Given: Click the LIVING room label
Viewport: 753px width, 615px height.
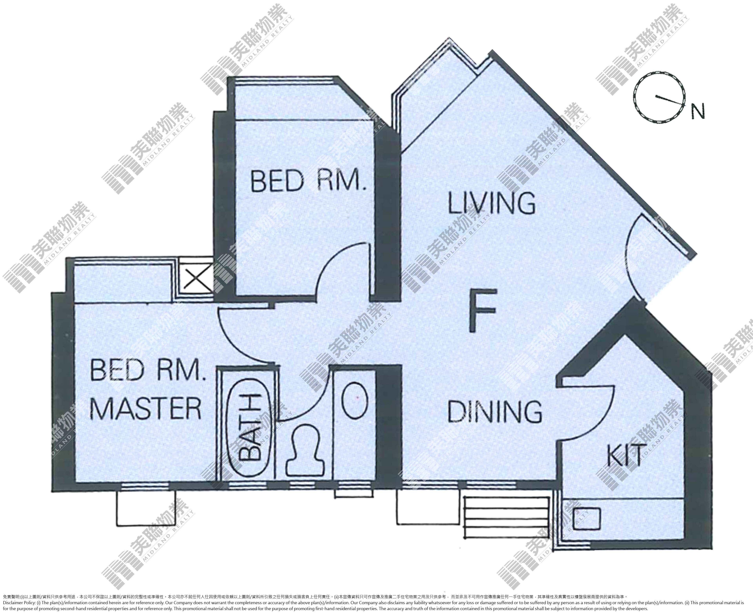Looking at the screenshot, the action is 492,203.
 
